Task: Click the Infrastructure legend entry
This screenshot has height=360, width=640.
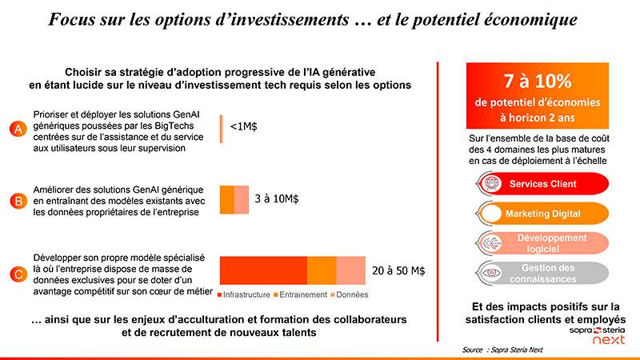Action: pyautogui.click(x=245, y=294)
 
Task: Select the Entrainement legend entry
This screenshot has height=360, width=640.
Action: pyautogui.click(x=300, y=294)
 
